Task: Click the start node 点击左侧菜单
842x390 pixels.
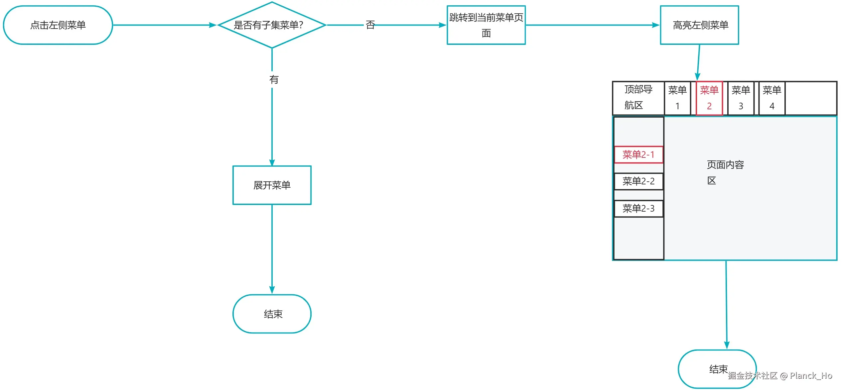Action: pyautogui.click(x=58, y=25)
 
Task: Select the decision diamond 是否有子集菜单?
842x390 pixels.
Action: pyautogui.click(x=272, y=25)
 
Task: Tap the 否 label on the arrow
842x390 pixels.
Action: pyautogui.click(x=370, y=25)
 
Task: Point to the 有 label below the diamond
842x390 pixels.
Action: pyautogui.click(x=274, y=80)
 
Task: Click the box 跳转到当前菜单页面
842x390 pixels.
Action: pyautogui.click(x=486, y=25)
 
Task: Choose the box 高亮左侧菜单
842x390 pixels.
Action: pyautogui.click(x=699, y=25)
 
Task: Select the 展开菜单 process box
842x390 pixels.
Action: pyautogui.click(x=272, y=185)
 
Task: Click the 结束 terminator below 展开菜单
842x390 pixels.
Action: pyautogui.click(x=272, y=314)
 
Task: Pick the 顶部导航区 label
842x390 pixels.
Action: pyautogui.click(x=638, y=97)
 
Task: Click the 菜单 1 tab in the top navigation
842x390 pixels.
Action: pyautogui.click(x=677, y=98)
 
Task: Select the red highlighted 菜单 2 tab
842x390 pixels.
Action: pyautogui.click(x=709, y=98)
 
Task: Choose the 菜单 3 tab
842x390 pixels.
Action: pyautogui.click(x=741, y=98)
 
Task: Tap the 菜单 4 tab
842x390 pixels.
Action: pyautogui.click(x=772, y=98)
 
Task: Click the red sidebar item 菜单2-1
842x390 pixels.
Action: pyautogui.click(x=638, y=154)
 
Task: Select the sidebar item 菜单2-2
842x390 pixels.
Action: pyautogui.click(x=638, y=181)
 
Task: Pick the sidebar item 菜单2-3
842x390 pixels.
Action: pyautogui.click(x=638, y=209)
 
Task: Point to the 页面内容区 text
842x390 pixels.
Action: pyautogui.click(x=725, y=172)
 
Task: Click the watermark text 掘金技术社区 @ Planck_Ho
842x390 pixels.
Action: pyautogui.click(x=780, y=376)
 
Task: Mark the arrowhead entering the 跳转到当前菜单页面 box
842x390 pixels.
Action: pyautogui.click(x=443, y=25)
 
